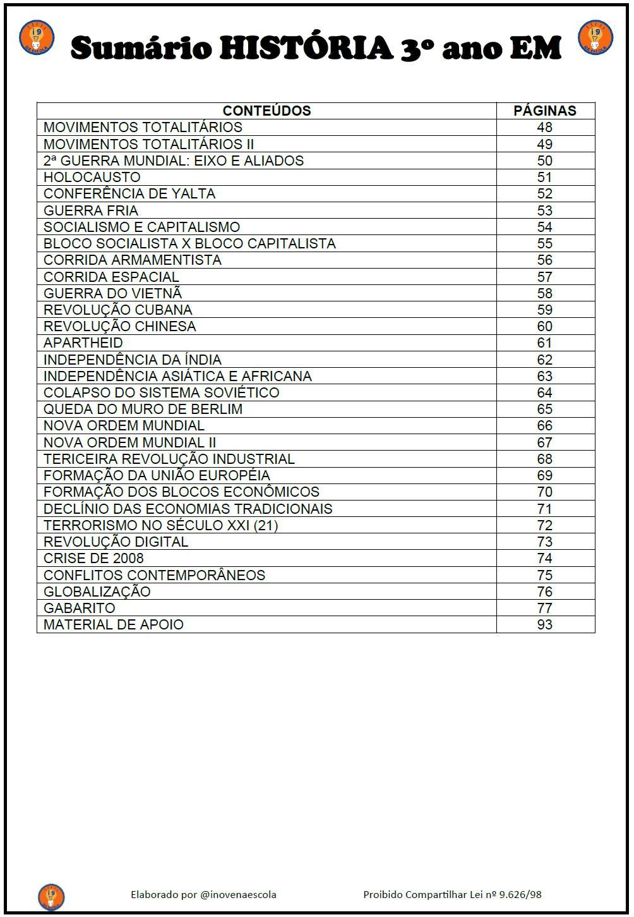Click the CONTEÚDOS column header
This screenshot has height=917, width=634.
[x=266, y=111]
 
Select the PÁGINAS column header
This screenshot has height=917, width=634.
[x=544, y=111]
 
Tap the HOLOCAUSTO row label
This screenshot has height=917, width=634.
[x=92, y=177]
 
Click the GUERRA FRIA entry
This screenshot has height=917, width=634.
[x=91, y=210]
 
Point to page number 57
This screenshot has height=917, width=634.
[x=544, y=277]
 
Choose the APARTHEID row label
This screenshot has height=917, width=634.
[x=83, y=343]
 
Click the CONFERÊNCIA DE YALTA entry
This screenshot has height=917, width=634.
[x=129, y=193]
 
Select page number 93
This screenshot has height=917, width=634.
[x=544, y=624]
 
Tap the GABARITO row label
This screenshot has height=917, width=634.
[x=80, y=608]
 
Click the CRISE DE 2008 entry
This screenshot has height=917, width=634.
[x=93, y=558]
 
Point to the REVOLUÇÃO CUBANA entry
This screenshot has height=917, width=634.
[x=118, y=310]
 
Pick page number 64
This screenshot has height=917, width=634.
[x=544, y=392]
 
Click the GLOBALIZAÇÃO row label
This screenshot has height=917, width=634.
[x=97, y=592]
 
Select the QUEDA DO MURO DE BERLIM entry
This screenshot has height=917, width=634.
[x=143, y=409]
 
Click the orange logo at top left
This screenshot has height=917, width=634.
[x=37, y=37]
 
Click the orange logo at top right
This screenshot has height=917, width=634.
[x=595, y=37]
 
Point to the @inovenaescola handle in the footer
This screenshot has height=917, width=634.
[x=238, y=894]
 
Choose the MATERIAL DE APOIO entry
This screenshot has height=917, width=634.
[x=114, y=624]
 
